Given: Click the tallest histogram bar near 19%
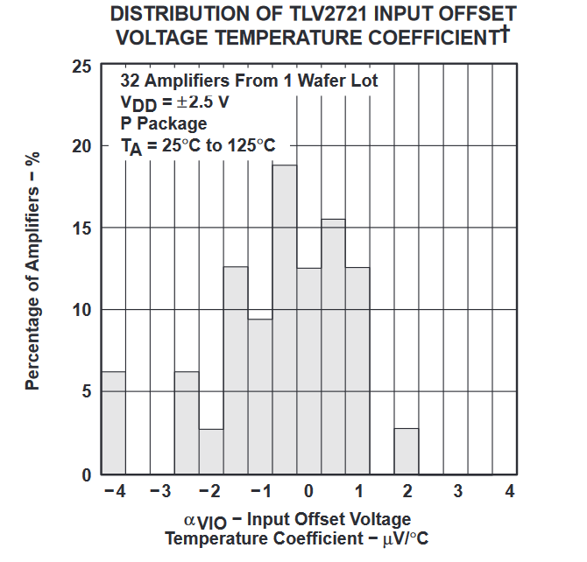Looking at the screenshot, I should (x=285, y=320).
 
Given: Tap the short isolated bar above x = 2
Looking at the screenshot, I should (x=407, y=452).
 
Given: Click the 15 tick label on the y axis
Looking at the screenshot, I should (x=80, y=228).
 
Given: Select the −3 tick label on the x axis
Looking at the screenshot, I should (x=159, y=491).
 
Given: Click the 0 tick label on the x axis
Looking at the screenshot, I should (x=309, y=491).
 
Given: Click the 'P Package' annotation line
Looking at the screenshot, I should (x=164, y=123).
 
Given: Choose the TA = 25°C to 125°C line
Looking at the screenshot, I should (x=197, y=145).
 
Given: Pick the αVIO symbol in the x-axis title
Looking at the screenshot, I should (x=205, y=521).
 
